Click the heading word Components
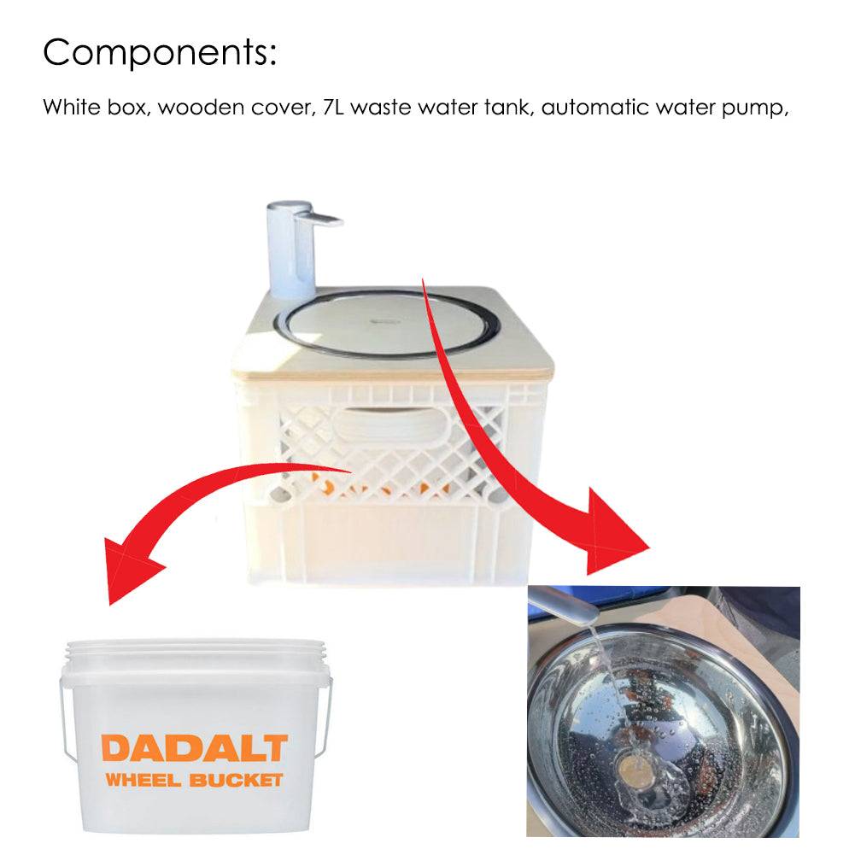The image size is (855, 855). pyautogui.click(x=160, y=53)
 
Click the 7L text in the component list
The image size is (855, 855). pyautogui.click(x=335, y=108)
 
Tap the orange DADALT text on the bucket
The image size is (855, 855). pyautogui.click(x=194, y=748)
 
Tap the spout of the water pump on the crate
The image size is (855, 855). pyautogui.click(x=327, y=220)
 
